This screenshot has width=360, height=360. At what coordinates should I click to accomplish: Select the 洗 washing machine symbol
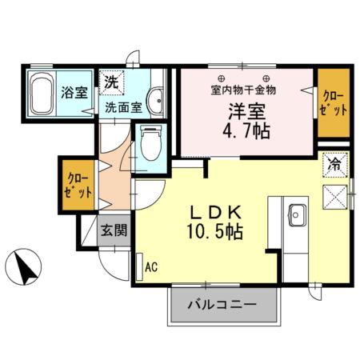pyautogui.click(x=111, y=82)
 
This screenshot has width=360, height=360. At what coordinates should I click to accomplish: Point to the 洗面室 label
pyautogui.click(x=122, y=106)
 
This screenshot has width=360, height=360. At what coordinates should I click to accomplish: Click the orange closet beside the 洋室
pyautogui.click(x=333, y=102)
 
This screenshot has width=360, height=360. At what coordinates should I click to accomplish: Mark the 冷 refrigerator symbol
pyautogui.click(x=334, y=166)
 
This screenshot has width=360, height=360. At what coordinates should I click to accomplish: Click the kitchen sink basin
pyautogui.click(x=295, y=214)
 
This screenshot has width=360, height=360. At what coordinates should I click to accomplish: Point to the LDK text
pyautogui.click(x=216, y=212)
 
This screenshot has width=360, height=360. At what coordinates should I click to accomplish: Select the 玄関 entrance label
pyautogui.click(x=112, y=232)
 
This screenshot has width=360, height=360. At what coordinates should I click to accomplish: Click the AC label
pyautogui.click(x=150, y=267)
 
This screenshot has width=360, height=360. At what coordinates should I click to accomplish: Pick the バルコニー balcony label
pyautogui.click(x=222, y=305)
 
